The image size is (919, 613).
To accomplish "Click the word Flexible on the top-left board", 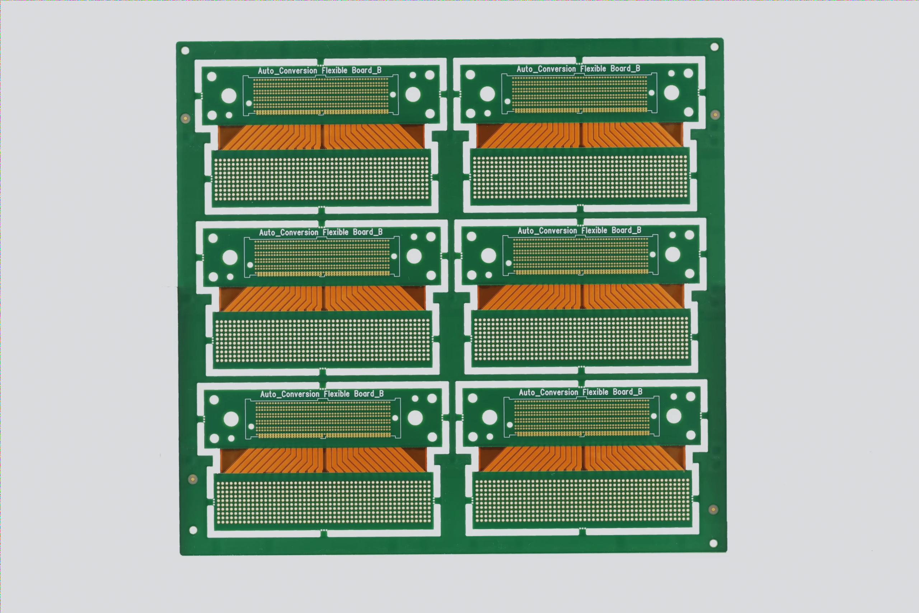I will click(x=334, y=70).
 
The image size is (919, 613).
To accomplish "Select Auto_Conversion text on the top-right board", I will click(x=546, y=69).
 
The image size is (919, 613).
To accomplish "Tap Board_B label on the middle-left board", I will click(x=367, y=232).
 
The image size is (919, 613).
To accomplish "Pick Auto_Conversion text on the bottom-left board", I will click(x=290, y=394).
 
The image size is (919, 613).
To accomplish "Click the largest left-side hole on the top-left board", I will click(x=229, y=96).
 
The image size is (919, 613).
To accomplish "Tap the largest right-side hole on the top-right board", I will click(x=671, y=93).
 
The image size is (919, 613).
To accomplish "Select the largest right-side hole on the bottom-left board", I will click(x=415, y=418).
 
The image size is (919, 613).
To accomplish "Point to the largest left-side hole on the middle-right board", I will click(x=488, y=256).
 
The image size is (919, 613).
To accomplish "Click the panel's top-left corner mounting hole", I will click(x=185, y=51).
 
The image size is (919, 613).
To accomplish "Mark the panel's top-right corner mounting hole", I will click(x=714, y=47).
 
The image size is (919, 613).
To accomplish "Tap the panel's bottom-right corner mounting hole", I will click(x=713, y=543).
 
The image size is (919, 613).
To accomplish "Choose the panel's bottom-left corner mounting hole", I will click(x=193, y=530).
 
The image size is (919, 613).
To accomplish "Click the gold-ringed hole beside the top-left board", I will click(x=185, y=118).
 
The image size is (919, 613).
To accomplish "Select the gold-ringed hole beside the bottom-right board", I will click(x=713, y=509).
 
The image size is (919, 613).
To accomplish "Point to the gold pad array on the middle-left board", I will click(x=322, y=258).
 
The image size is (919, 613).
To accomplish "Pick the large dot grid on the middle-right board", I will click(x=581, y=338).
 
